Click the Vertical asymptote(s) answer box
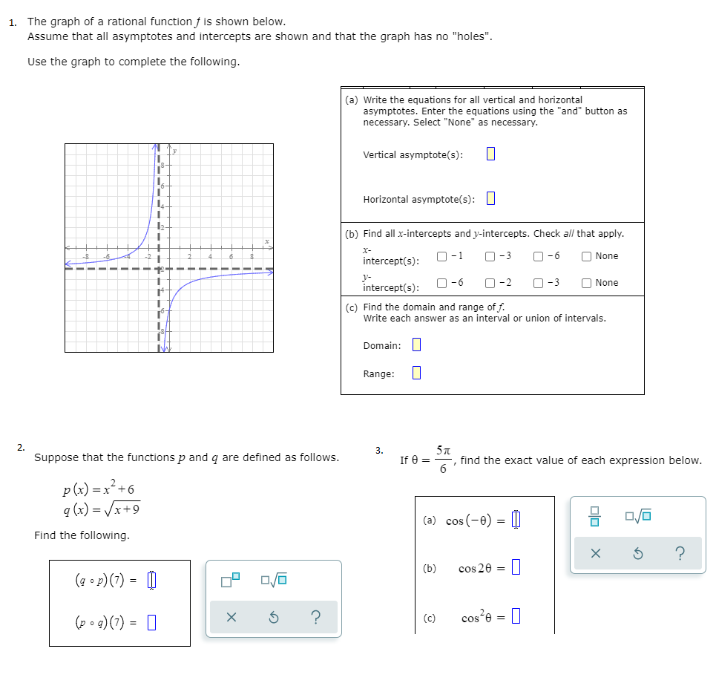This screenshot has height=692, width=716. click(490, 154)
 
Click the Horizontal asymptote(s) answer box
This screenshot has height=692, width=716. click(490, 199)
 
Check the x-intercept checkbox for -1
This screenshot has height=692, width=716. click(442, 256)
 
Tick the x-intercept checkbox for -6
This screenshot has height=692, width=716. click(538, 256)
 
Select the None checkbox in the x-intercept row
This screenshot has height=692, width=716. click(587, 256)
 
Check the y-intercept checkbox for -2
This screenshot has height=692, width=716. click(490, 283)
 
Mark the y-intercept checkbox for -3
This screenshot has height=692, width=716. click(538, 283)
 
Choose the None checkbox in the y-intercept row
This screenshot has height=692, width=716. click(587, 283)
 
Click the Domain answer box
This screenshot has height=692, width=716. click(416, 345)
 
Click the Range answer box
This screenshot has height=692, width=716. click(416, 373)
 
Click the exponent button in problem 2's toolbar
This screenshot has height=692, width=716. click(231, 579)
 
